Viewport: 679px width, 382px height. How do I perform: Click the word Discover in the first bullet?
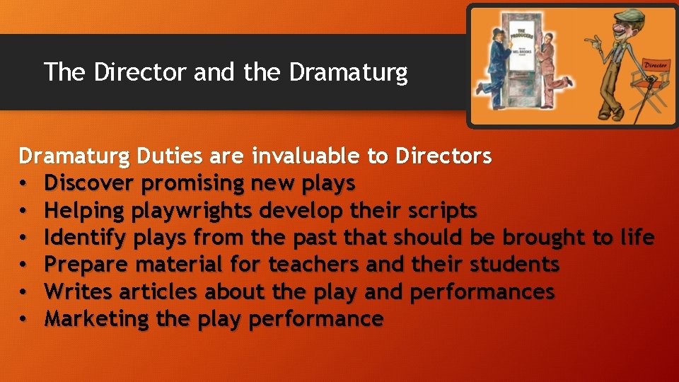(90, 183)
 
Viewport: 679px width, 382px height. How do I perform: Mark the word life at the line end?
(634, 238)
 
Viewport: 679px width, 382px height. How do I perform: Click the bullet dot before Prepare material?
(23, 265)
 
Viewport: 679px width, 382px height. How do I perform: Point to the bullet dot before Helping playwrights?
(23, 211)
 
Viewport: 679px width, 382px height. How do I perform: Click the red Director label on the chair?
(656, 66)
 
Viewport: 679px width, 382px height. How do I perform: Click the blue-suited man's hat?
(497, 32)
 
